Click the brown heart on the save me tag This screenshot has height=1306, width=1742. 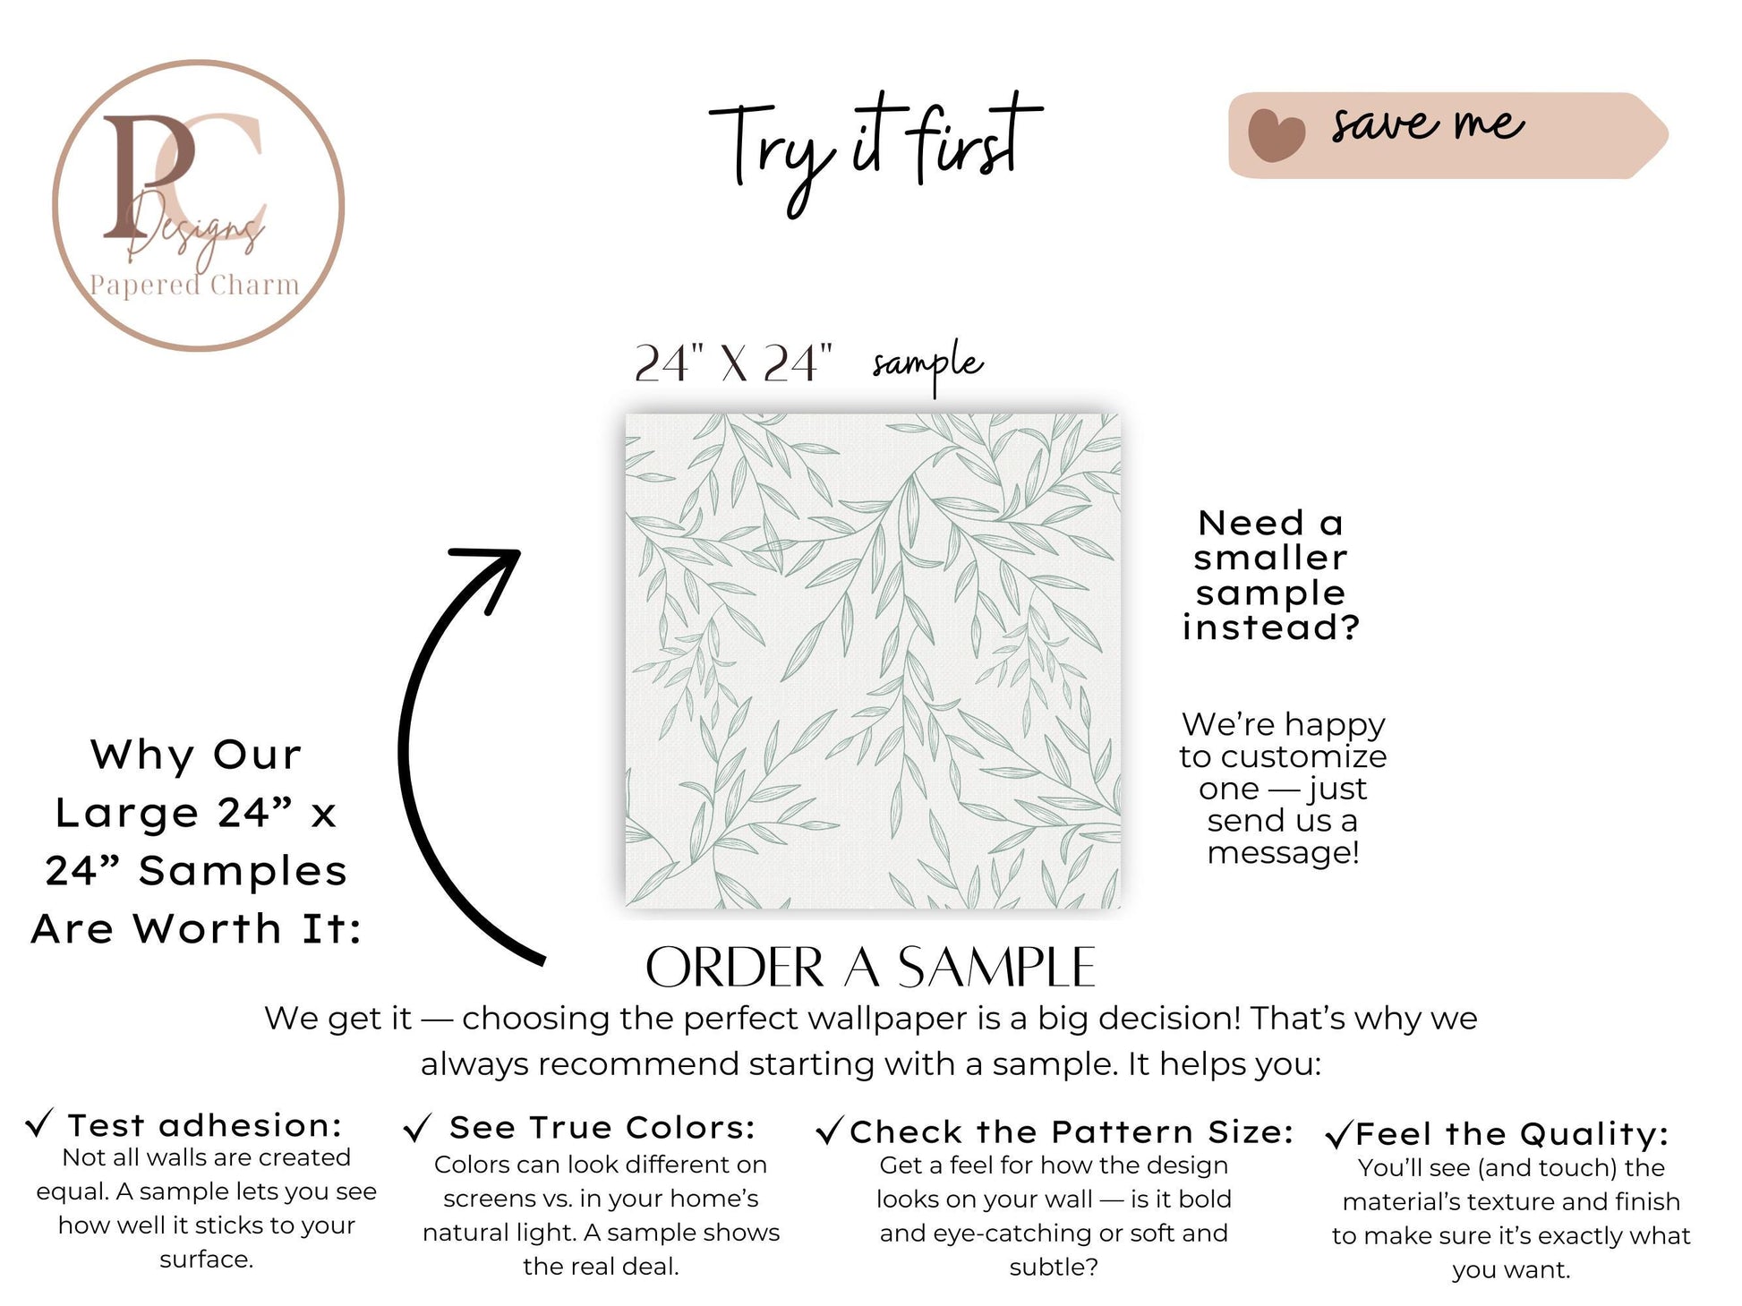point(1277,135)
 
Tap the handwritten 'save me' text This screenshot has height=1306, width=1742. point(1427,124)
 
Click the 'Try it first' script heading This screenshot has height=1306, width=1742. point(875,149)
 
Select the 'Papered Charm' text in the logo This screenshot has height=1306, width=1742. point(194,285)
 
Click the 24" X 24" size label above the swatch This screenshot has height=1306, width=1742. point(733,363)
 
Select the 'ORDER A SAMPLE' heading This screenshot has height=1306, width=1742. point(870,968)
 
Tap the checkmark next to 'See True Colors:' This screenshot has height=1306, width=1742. point(417,1129)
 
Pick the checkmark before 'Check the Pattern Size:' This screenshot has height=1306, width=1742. point(830,1131)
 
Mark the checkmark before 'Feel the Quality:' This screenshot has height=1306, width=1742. point(1338,1135)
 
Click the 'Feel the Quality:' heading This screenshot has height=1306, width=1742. point(1512,1134)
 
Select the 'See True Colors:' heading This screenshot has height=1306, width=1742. point(602,1128)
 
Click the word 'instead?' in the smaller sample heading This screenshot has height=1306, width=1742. point(1271,627)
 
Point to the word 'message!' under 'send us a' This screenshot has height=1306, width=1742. point(1283,852)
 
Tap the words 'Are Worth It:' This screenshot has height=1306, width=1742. point(197,928)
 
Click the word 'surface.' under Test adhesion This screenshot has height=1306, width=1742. point(207,1259)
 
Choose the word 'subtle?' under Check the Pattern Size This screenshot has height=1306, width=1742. point(1054,1267)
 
